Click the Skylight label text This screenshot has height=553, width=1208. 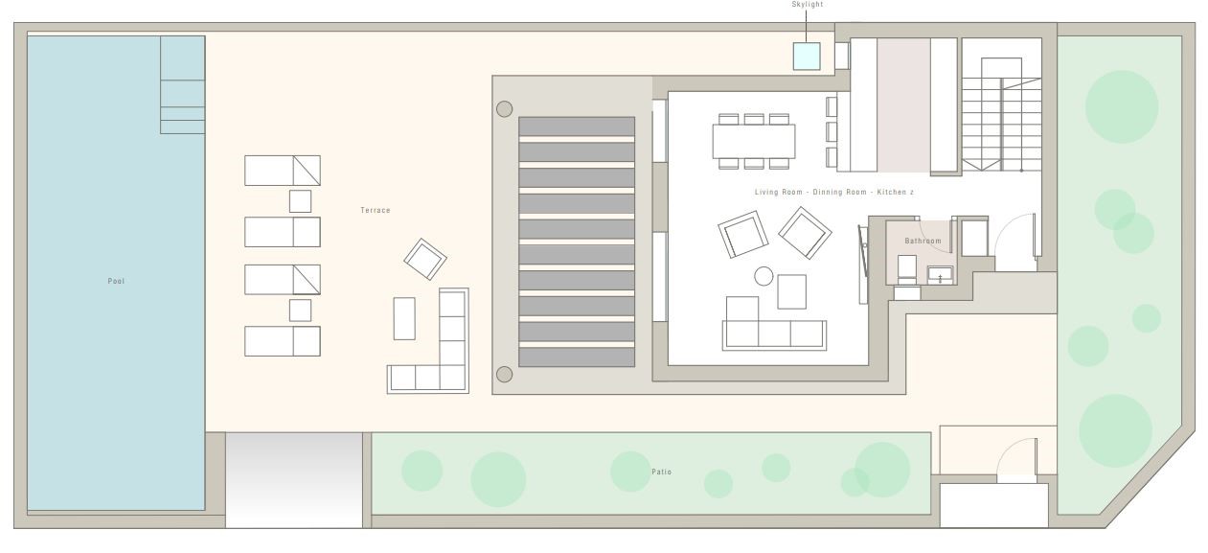pyautogui.click(x=807, y=5)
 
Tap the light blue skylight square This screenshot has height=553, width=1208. pyautogui.click(x=807, y=57)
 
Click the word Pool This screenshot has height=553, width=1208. pyautogui.click(x=116, y=281)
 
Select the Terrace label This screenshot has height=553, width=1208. pyautogui.click(x=376, y=211)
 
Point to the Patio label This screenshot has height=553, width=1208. pyautogui.click(x=661, y=472)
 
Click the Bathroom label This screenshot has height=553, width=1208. pyautogui.click(x=923, y=242)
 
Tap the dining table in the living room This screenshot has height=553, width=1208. pyautogui.click(x=753, y=141)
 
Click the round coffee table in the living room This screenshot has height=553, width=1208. pyautogui.click(x=764, y=276)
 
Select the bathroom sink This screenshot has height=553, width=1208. pyautogui.click(x=940, y=275)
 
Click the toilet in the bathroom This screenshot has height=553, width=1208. pyautogui.click(x=906, y=269)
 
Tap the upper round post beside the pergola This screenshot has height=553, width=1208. pyautogui.click(x=504, y=109)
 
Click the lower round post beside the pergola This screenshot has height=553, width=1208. pyautogui.click(x=504, y=375)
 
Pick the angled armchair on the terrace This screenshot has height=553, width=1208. pyautogui.click(x=425, y=260)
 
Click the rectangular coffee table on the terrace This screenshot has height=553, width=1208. pyautogui.click(x=404, y=318)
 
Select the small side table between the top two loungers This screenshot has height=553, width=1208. pyautogui.click(x=300, y=201)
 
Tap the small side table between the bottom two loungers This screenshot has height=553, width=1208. pyautogui.click(x=300, y=311)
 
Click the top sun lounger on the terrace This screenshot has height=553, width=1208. pyautogui.click(x=282, y=171)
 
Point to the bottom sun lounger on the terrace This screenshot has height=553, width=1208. pyautogui.click(x=282, y=341)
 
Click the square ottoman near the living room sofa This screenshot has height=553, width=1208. pyautogui.click(x=791, y=292)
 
